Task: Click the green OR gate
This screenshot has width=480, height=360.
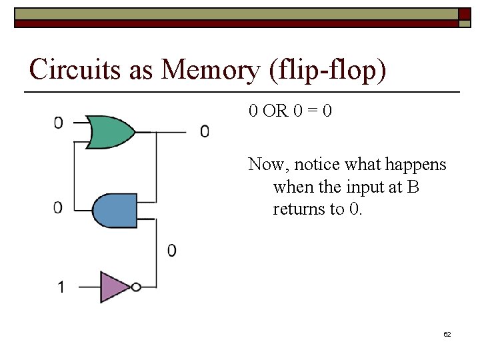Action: pyautogui.click(x=111, y=131)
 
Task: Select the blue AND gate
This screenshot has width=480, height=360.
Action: pyautogui.click(x=115, y=211)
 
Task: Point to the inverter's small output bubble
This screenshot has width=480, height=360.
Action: pyautogui.click(x=136, y=287)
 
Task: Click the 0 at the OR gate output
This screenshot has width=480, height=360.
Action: pyautogui.click(x=205, y=131)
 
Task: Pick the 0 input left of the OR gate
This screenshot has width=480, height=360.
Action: pyautogui.click(x=59, y=123)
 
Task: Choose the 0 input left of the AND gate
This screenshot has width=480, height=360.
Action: pyautogui.click(x=59, y=207)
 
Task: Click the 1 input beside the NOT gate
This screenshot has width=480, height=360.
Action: pyautogui.click(x=61, y=287)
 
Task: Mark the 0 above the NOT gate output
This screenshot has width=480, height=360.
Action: pyautogui.click(x=172, y=251)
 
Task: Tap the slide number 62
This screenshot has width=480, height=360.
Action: pyautogui.click(x=447, y=334)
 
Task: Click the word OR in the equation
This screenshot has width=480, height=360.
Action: pyautogui.click(x=275, y=111)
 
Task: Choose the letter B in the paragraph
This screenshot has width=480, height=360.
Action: pyautogui.click(x=413, y=187)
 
